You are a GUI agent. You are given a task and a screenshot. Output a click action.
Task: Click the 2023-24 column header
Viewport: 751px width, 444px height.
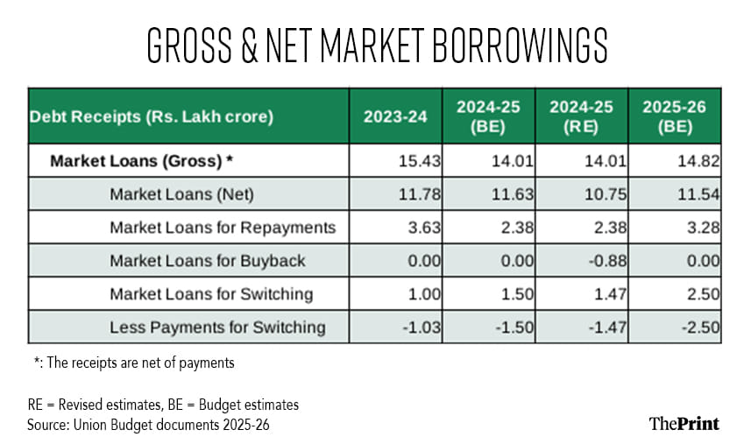395,115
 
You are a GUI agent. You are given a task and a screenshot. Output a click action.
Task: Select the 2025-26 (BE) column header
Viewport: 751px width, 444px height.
675,115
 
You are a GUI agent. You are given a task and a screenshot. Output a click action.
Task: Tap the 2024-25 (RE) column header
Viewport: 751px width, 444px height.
582,115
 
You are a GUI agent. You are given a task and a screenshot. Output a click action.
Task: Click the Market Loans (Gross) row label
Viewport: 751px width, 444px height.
141,161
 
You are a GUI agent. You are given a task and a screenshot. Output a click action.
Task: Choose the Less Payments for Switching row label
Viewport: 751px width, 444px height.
217,328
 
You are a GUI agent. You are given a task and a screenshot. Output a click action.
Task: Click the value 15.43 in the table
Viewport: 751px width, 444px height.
418,161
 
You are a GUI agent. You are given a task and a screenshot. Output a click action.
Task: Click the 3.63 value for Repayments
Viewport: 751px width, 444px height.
422,228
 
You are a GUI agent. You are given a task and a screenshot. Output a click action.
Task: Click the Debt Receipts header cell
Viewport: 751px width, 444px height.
152,115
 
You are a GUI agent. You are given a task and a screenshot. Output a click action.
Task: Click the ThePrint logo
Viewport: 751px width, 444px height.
684,423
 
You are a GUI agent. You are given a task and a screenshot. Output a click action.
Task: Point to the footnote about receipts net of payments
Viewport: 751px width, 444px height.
132,362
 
